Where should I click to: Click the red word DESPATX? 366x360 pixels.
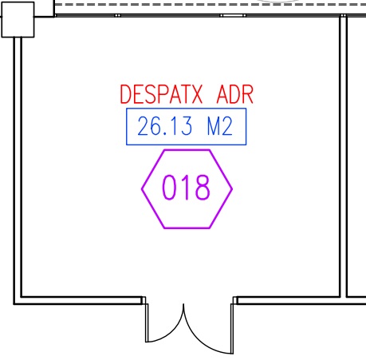click(161, 94)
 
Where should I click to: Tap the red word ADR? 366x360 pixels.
click(235, 94)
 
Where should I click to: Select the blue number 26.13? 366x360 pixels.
click(165, 126)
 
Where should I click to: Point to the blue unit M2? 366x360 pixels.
click(220, 126)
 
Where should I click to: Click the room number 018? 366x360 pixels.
click(186, 188)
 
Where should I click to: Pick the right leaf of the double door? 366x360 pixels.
click(202, 338)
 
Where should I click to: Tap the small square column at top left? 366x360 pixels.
click(18, 19)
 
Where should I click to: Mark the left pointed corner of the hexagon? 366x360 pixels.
click(142, 189)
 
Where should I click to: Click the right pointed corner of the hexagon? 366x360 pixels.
click(232, 189)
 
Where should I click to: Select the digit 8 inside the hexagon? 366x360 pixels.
click(203, 188)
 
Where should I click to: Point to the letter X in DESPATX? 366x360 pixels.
click(196, 94)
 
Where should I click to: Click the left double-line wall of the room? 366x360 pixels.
click(18, 167)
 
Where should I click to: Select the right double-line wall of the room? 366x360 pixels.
click(344, 156)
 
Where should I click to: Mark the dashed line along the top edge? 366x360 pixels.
click(210, 5)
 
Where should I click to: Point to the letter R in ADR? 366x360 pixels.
click(247, 94)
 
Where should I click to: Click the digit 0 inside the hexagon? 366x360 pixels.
click(169, 188)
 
